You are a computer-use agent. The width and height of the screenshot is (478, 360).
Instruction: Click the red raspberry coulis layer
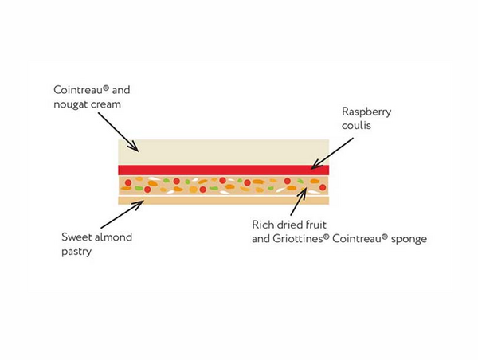pyautogui.click(x=223, y=170)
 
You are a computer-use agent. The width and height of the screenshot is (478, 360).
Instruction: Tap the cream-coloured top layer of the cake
pyautogui.click(x=223, y=151)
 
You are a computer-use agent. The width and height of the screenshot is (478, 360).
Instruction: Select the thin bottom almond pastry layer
pyautogui.click(x=223, y=200)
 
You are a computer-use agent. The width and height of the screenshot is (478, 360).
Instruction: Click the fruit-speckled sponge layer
pyautogui.click(x=223, y=185)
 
